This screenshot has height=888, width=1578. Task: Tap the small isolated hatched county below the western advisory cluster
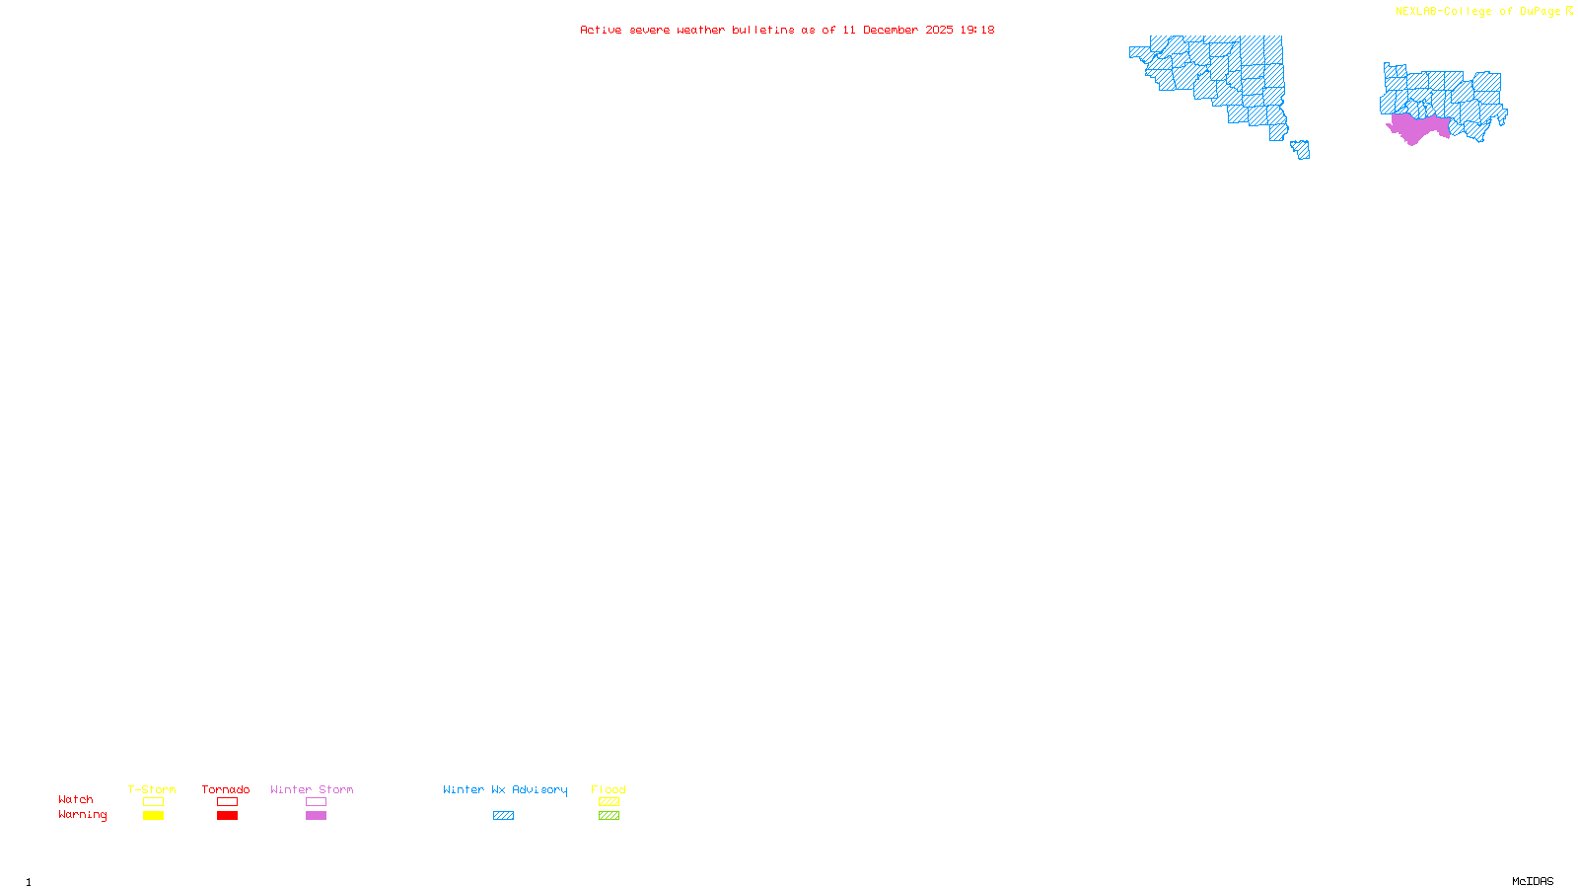click(x=1301, y=149)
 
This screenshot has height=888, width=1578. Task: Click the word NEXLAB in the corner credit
click(x=1415, y=11)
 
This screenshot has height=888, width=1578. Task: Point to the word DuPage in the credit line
click(x=1540, y=11)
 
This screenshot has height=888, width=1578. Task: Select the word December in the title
click(x=891, y=30)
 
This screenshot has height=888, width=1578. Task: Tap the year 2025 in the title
click(x=939, y=30)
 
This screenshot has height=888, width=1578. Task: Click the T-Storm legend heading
click(x=152, y=789)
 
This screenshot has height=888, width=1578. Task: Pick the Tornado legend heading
click(x=226, y=789)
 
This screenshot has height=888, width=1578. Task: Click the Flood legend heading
click(x=609, y=789)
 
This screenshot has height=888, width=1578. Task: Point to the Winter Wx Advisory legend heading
click(x=505, y=789)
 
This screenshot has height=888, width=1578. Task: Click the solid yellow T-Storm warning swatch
click(x=153, y=816)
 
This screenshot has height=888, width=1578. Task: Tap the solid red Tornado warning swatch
click(x=227, y=816)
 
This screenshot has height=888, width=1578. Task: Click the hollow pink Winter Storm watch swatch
click(x=316, y=802)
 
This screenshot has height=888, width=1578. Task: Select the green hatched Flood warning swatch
click(x=609, y=816)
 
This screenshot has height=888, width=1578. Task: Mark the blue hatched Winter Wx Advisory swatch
click(x=503, y=816)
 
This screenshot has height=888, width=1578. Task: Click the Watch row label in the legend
click(x=76, y=799)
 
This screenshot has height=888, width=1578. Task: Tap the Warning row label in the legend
click(x=82, y=815)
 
